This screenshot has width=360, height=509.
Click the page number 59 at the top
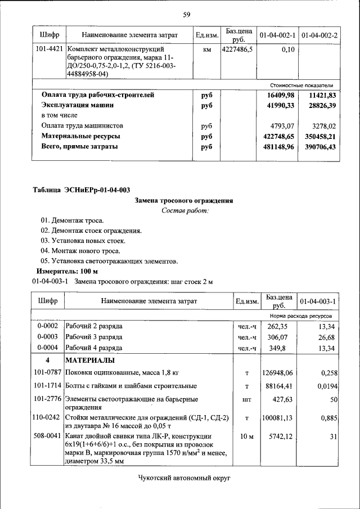186,14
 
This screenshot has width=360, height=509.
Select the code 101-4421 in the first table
48,49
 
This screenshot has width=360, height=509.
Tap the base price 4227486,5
237,49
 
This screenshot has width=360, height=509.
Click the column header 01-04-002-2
319,35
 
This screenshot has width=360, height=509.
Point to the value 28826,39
318,105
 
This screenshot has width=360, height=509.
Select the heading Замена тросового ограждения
184,200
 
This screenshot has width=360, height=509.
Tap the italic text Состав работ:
184,210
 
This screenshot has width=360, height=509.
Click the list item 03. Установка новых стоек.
79,241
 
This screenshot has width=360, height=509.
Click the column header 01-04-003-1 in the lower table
318,301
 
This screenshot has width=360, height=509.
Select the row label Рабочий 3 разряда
94,337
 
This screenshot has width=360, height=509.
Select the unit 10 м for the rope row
247,436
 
